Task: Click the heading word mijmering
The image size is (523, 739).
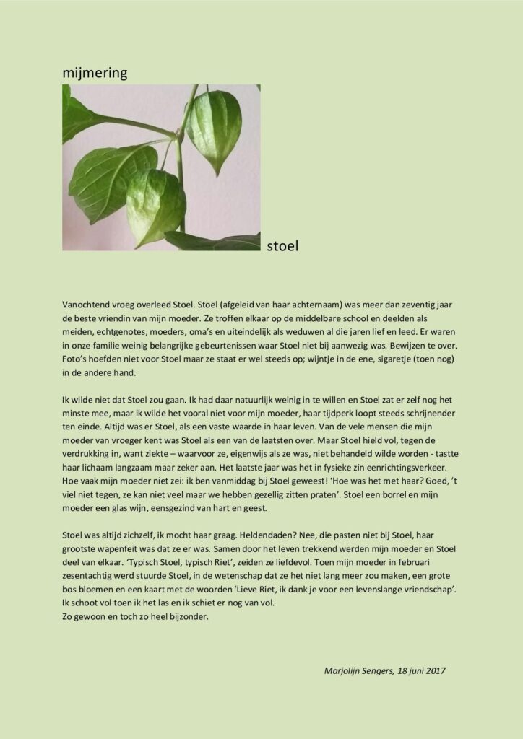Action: point(94,72)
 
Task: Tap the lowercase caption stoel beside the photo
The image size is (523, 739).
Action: point(282,246)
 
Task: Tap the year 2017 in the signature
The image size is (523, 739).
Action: point(434,670)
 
